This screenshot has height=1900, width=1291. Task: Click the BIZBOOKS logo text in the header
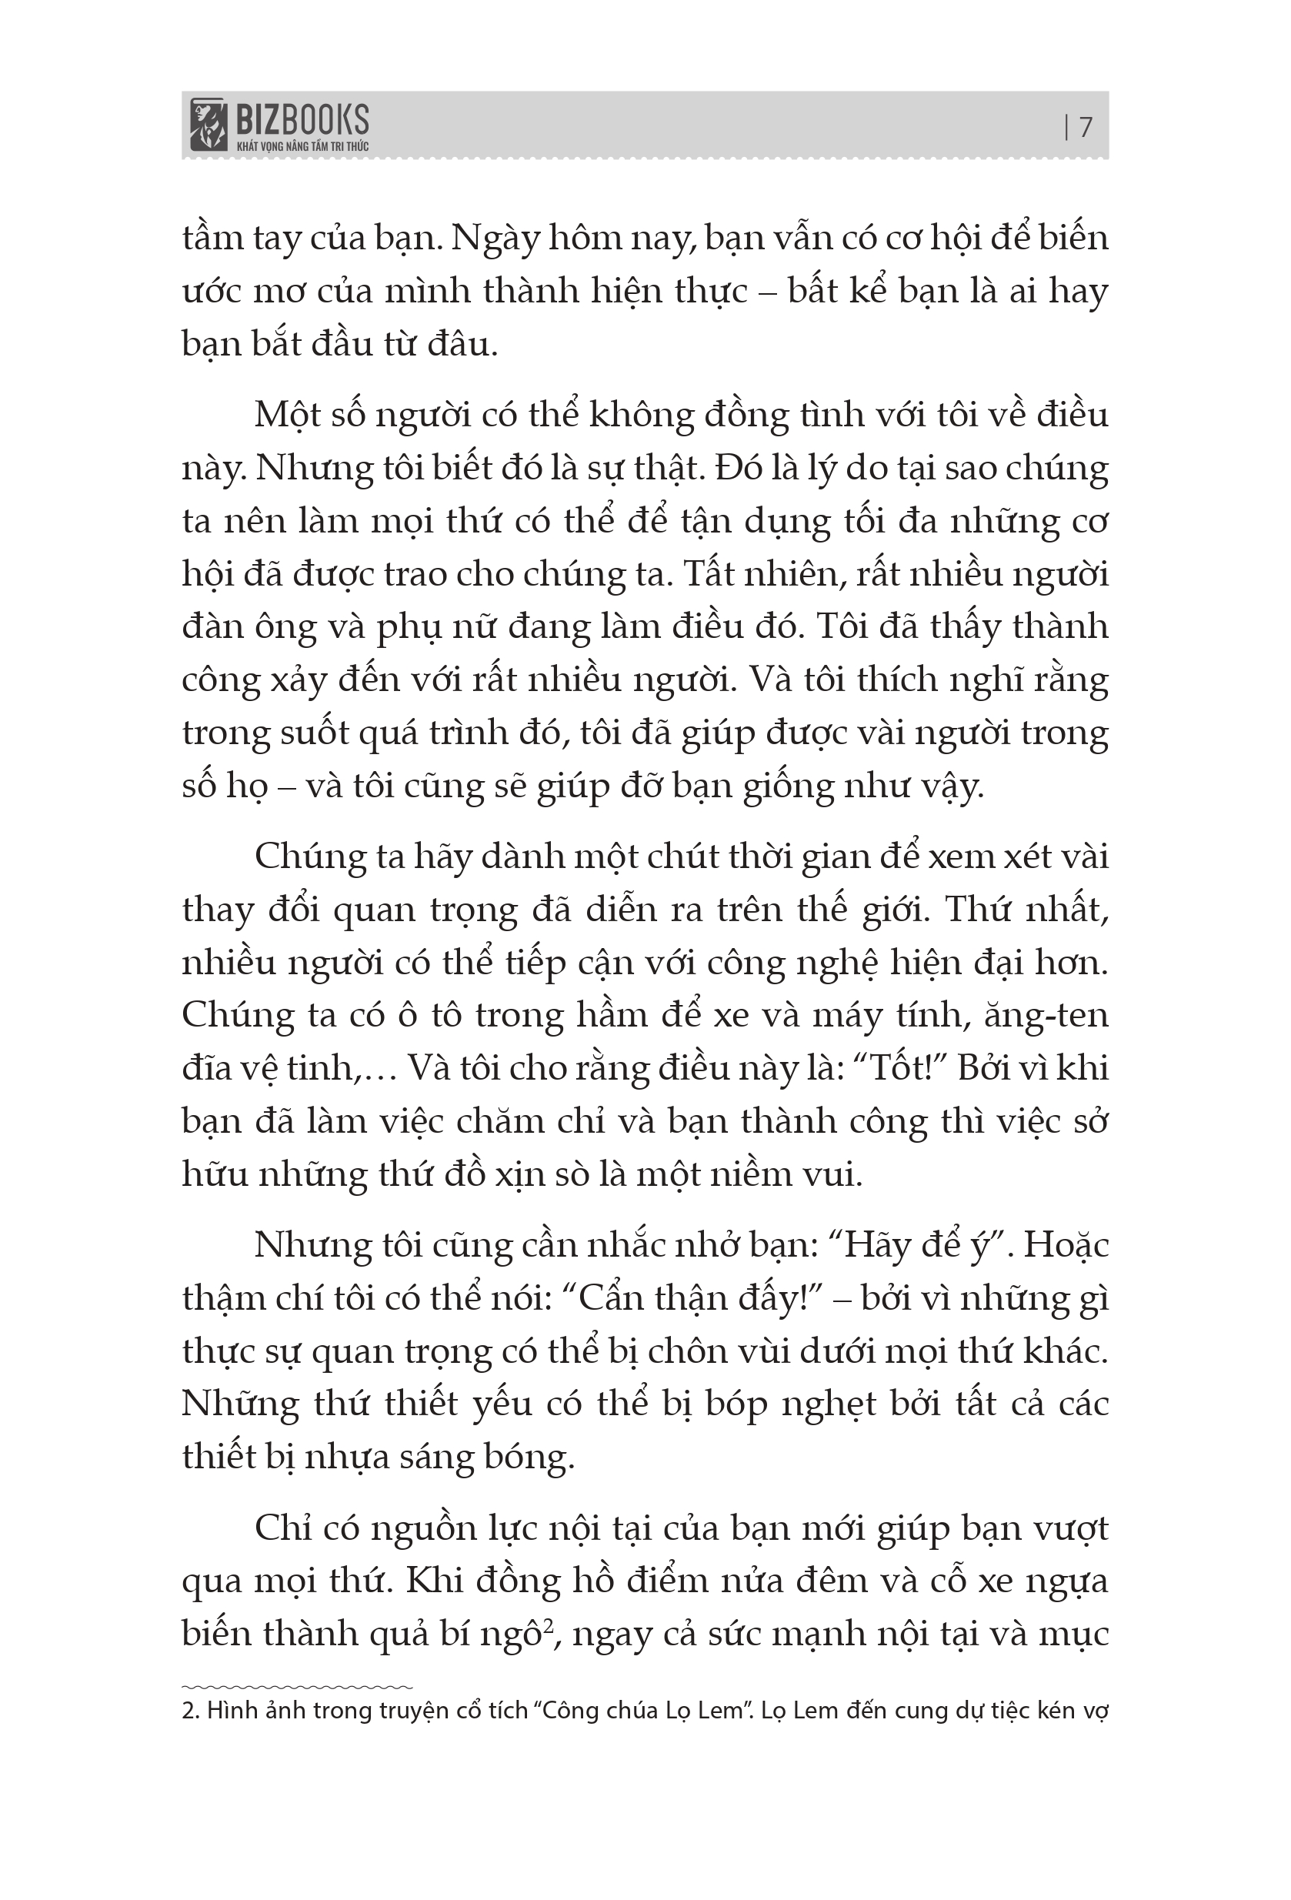coord(302,120)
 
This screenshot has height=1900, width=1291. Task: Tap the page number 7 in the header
coord(1086,128)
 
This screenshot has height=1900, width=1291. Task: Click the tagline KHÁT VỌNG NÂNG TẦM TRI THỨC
coord(302,146)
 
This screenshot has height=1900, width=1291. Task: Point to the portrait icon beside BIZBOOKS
coord(208,125)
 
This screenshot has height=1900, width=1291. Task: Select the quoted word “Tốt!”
coord(898,1067)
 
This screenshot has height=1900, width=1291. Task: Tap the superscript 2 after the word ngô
coord(549,1626)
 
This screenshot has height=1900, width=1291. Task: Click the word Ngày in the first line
coord(496,239)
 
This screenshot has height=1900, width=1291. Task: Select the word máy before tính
coord(846,1015)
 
